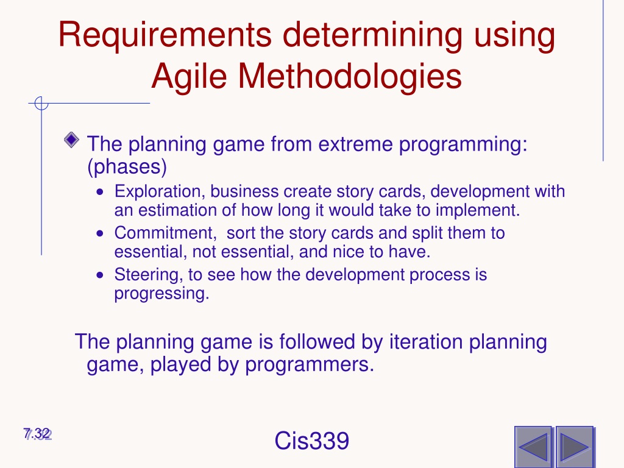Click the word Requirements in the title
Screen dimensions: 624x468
165,35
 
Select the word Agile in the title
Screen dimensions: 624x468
189,77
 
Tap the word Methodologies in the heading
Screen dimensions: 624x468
350,76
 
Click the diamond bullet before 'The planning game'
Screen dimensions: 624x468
72,140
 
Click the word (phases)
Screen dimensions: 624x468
127,166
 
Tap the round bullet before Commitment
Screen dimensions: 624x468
100,233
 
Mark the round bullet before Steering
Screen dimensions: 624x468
100,275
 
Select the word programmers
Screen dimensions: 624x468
310,364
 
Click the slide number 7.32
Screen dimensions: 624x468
37,434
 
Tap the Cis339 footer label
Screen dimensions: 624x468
312,441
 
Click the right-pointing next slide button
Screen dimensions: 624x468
574,447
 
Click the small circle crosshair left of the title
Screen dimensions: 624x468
41,104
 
